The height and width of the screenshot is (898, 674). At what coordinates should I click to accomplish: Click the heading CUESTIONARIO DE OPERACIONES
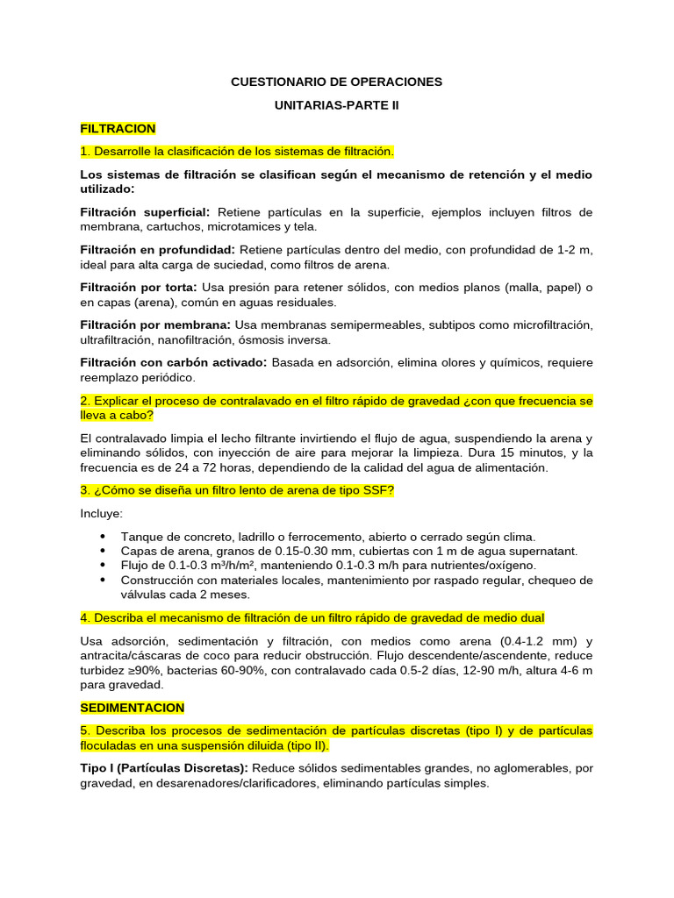[336, 82]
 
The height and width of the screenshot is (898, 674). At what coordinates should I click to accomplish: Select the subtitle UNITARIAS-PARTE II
[336, 105]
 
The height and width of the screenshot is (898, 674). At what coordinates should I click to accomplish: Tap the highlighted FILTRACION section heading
[118, 128]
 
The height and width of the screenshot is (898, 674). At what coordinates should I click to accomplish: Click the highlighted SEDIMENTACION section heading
[133, 707]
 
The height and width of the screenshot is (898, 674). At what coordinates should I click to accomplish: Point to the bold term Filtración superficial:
[145, 212]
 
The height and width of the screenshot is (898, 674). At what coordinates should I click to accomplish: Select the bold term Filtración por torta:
[139, 288]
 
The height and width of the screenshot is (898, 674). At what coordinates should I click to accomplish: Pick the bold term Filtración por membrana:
[155, 325]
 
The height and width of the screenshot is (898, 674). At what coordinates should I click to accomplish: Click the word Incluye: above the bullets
[102, 513]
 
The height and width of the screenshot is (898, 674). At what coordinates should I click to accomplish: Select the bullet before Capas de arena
[104, 551]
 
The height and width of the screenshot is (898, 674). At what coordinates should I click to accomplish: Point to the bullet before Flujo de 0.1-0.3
[104, 566]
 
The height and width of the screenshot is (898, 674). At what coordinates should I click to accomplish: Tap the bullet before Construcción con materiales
[104, 580]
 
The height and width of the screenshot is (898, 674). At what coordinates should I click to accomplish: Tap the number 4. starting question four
[85, 617]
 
